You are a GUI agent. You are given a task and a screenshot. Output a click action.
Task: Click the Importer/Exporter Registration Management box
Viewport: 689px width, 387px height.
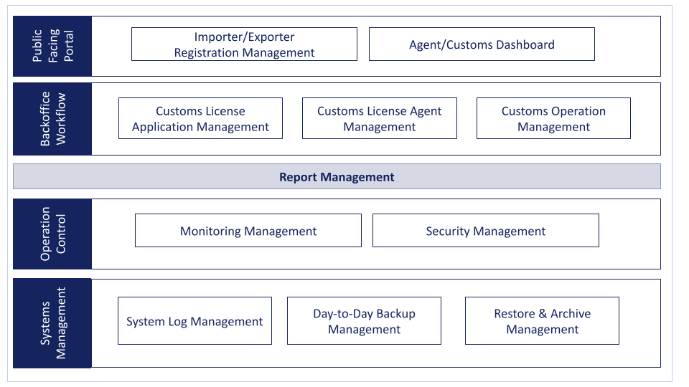[x=244, y=44]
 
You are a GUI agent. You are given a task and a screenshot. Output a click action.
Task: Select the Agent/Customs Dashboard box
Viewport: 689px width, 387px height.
[x=482, y=44]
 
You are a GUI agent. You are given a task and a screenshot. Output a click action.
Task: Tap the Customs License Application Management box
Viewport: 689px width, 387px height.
[x=200, y=118]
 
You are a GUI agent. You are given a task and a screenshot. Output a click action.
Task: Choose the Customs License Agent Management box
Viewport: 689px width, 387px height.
[x=380, y=118]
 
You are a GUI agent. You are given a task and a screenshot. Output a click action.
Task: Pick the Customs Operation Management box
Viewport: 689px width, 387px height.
[x=553, y=118]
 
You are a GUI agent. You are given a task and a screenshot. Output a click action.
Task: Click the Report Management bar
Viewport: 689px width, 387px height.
[x=337, y=176]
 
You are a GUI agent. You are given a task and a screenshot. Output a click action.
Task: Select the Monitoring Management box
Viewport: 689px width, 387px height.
[x=248, y=231]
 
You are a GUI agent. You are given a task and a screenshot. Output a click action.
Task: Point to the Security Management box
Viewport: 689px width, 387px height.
[x=486, y=231]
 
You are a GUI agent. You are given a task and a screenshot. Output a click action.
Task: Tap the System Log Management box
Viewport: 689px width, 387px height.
[x=194, y=321]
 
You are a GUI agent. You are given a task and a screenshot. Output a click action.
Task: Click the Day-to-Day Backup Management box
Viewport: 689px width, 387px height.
[x=365, y=321]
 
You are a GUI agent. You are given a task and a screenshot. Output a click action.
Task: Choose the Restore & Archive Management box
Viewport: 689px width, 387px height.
[x=543, y=321]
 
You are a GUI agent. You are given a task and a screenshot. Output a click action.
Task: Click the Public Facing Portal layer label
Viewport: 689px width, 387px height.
[x=52, y=46]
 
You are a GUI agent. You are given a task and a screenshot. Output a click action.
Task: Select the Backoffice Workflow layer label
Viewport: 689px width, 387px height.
[x=52, y=119]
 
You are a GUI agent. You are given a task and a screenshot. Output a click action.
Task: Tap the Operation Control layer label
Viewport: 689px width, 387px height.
[x=52, y=234]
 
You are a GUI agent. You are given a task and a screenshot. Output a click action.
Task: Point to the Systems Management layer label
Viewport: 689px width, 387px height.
[x=52, y=323]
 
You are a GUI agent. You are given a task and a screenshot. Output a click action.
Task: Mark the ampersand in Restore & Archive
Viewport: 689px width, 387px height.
[x=543, y=314]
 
